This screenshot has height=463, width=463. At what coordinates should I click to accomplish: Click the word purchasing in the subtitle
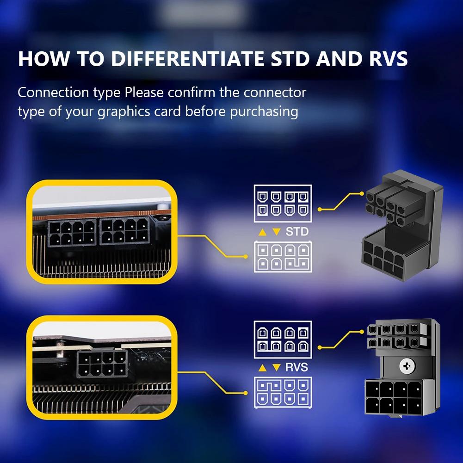[264, 112]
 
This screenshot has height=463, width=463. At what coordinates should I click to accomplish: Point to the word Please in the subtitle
[144, 93]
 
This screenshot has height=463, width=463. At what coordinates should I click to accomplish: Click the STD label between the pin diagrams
[296, 231]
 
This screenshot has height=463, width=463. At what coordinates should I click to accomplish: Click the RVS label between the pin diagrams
[296, 368]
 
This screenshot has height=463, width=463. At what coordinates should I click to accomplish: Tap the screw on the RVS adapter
[407, 366]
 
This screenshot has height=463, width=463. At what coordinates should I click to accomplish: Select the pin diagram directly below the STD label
[283, 257]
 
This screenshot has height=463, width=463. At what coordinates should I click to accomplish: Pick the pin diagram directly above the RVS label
[283, 340]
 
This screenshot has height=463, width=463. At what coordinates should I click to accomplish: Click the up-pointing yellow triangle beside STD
[262, 232]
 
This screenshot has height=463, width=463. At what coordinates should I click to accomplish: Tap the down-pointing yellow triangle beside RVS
[276, 368]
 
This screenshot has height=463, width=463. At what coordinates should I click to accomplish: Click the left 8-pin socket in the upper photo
[72, 233]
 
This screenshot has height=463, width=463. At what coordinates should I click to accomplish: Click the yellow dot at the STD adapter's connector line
[320, 210]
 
